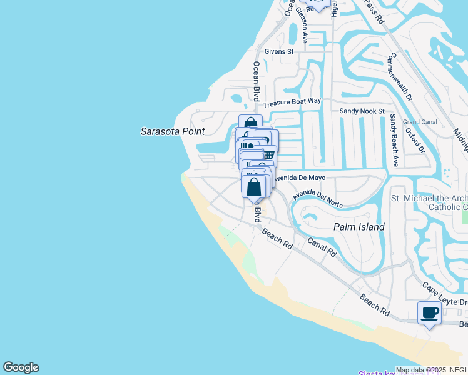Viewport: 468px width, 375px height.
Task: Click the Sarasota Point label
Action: point(168,131)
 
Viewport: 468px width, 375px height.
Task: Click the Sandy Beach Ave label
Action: point(394,140)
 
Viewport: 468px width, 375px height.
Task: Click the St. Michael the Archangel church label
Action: point(429,202)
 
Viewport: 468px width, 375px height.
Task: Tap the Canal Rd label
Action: point(322,246)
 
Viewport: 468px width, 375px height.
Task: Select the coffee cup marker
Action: point(429,312)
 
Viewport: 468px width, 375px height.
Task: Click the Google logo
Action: point(21,367)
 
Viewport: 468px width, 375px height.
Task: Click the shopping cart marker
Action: point(268,153)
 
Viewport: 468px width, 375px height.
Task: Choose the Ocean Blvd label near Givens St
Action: point(256,81)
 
